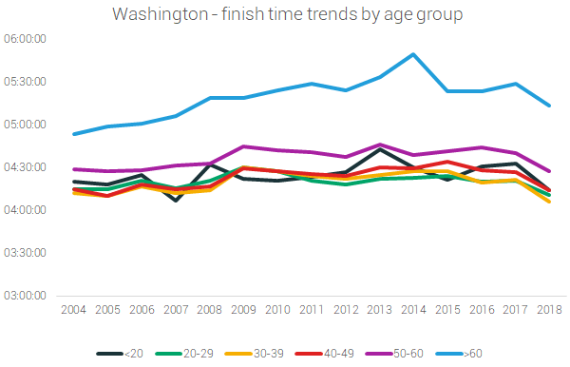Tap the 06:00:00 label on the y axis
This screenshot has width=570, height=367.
click(x=28, y=38)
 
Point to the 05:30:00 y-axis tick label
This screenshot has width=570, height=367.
click(x=28, y=81)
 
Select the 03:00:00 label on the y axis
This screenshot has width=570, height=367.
click(x=28, y=296)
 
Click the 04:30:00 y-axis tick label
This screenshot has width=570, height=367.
click(x=28, y=167)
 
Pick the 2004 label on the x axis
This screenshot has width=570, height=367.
click(x=72, y=310)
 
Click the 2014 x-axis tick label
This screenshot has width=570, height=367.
click(x=411, y=310)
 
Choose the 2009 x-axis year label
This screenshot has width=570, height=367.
click(x=242, y=310)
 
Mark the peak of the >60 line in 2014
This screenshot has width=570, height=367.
click(x=411, y=54)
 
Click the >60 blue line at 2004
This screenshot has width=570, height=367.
click(x=72, y=134)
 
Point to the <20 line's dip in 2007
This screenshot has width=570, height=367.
click(x=174, y=201)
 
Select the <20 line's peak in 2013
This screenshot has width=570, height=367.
click(x=378, y=149)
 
